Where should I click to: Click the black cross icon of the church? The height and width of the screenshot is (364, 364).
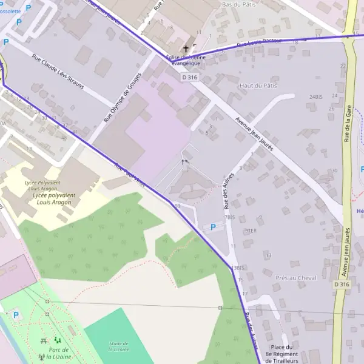click(x=186, y=48)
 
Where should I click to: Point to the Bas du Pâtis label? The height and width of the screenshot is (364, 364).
click(x=239, y=5)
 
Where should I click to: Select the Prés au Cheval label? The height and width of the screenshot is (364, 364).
click(x=296, y=278)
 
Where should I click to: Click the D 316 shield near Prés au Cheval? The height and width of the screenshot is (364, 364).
click(x=342, y=284)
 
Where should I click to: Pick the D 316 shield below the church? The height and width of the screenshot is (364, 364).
click(x=189, y=77)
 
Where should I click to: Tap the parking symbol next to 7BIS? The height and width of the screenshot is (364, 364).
click(x=212, y=227)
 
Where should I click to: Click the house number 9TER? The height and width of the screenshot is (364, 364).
click(x=250, y=231)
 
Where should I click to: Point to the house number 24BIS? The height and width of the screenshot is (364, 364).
click(x=316, y=96)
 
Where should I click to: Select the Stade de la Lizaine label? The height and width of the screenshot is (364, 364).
click(x=119, y=346)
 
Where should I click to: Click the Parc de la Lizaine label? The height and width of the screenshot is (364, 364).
click(x=59, y=353)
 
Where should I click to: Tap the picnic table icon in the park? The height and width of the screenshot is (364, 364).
click(x=44, y=341)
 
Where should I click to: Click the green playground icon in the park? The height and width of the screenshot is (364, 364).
click(x=58, y=340)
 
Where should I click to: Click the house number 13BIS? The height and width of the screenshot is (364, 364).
click(x=237, y=268)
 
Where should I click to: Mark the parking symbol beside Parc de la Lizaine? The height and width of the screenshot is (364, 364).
click(x=16, y=315)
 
